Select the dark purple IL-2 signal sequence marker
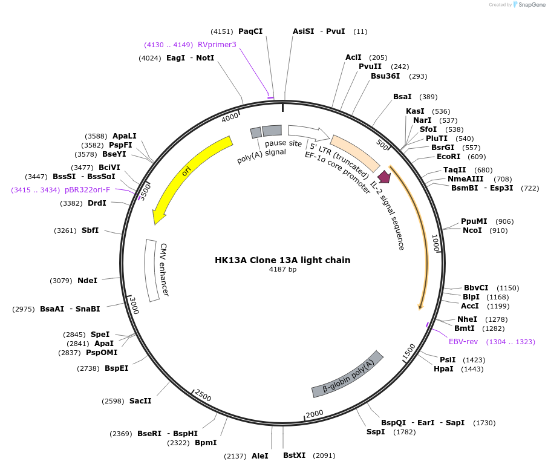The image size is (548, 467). [384, 177]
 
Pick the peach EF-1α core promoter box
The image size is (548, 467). [355, 152]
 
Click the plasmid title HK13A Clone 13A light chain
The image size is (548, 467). [282, 260]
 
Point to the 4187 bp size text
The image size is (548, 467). [282, 270]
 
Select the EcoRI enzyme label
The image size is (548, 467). [448, 157]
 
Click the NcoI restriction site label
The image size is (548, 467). [472, 230]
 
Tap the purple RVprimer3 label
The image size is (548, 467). [217, 44]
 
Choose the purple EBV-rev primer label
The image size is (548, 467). [463, 342]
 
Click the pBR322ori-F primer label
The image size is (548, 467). [88, 189]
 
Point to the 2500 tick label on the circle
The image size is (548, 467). [203, 397]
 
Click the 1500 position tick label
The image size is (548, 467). [409, 349]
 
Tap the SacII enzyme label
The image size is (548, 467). [140, 400]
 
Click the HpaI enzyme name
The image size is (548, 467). [443, 369]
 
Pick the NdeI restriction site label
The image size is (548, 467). [87, 281]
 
